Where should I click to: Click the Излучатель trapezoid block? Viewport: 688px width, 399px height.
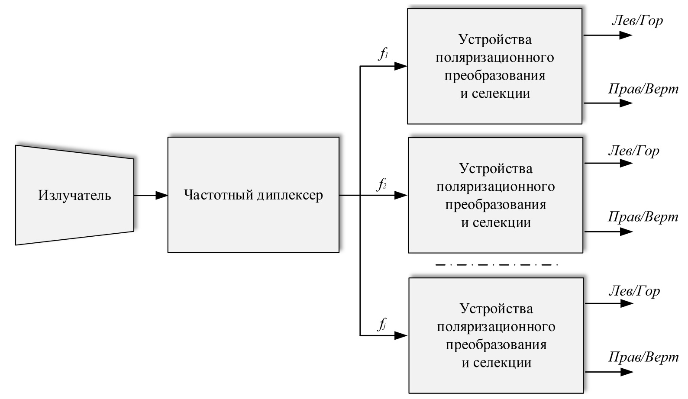click(74, 195)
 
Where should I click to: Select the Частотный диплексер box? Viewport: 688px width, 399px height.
click(253, 195)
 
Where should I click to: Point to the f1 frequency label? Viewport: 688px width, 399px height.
click(383, 54)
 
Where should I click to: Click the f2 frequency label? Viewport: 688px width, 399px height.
click(381, 185)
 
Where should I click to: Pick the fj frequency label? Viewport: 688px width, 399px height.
click(382, 324)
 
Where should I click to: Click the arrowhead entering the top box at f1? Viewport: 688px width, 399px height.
click(401, 66)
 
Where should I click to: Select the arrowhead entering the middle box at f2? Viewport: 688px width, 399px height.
click(401, 195)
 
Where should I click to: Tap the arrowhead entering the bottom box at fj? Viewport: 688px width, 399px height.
click(401, 335)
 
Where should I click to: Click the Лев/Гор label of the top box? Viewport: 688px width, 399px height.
click(636, 20)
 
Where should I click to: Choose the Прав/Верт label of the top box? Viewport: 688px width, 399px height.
click(643, 89)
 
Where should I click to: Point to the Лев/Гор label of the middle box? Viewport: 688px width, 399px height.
click(633, 151)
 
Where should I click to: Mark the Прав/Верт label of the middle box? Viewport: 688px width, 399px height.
click(643, 216)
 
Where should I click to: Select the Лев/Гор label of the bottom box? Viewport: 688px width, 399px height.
click(634, 291)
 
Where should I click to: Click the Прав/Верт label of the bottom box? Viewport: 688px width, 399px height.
click(643, 357)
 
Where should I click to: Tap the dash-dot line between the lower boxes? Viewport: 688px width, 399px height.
click(496, 264)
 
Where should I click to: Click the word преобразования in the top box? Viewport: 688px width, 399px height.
click(495, 75)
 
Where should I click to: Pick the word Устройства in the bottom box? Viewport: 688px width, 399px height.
click(496, 309)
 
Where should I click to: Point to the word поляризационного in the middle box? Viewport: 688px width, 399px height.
click(496, 187)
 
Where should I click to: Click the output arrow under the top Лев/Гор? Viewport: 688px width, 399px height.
click(608, 35)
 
